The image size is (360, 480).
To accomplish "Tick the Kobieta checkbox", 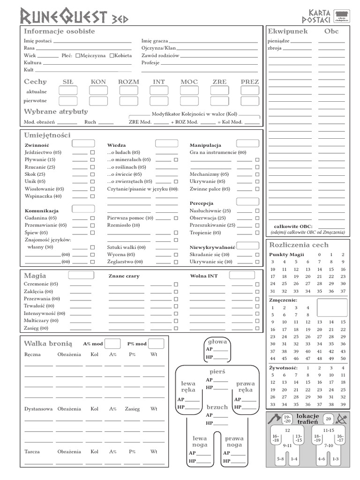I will [x=112, y=55].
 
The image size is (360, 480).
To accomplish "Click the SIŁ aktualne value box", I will [x=68, y=90].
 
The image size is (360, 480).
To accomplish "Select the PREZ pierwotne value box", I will [x=249, y=101].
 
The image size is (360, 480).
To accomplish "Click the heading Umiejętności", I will [x=47, y=135].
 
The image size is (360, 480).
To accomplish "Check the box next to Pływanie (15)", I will [x=92, y=160].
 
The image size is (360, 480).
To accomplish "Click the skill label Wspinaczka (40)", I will [x=43, y=196].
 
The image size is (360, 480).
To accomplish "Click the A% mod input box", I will [x=112, y=344].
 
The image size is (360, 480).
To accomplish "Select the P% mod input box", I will [x=156, y=344].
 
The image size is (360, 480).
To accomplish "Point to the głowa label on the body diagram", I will [x=217, y=341].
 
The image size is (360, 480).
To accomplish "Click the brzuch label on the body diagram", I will [x=217, y=407].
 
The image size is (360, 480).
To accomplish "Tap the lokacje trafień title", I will [x=307, y=419].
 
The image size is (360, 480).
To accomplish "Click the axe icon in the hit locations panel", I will [x=274, y=419].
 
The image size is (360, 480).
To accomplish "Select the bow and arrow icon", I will [x=341, y=419].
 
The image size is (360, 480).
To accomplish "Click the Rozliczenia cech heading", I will [x=299, y=245].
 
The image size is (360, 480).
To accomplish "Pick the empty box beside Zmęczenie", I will [x=332, y=307].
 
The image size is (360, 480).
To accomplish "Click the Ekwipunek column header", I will [x=288, y=31].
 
